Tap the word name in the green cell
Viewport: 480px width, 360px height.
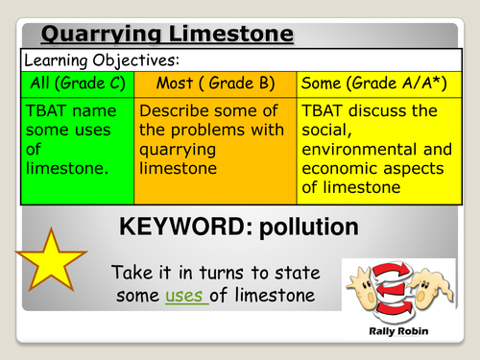(x=92, y=112)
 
